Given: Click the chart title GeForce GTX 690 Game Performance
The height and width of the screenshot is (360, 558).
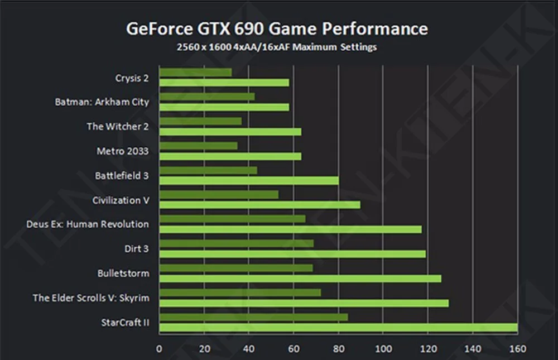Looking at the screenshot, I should [x=277, y=28].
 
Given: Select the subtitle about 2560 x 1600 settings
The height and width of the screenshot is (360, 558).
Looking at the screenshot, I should [x=277, y=47].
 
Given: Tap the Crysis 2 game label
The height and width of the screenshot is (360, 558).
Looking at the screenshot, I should [x=132, y=78].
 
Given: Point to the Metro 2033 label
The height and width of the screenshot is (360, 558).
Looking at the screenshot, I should [x=123, y=151].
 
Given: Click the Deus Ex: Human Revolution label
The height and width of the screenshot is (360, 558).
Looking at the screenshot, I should [x=88, y=224].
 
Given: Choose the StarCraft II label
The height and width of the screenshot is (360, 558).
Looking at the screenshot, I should [x=125, y=322].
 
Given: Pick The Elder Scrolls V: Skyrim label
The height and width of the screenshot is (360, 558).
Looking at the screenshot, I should [x=91, y=297].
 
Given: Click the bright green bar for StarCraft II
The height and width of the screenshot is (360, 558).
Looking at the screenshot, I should [x=338, y=328].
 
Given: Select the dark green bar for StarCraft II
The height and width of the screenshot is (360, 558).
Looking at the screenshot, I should [x=253, y=317].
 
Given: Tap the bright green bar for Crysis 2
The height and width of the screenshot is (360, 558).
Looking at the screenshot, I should [x=224, y=83].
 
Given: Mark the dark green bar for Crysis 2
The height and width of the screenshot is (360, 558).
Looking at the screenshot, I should [x=195, y=72].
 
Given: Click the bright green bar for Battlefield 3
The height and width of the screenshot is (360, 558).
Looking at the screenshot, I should [x=249, y=180].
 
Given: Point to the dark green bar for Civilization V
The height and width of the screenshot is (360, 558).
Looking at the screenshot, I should [x=219, y=194].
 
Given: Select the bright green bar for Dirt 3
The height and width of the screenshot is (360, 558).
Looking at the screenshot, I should [x=292, y=254].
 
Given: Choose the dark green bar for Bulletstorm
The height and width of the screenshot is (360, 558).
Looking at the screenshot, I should [x=236, y=268].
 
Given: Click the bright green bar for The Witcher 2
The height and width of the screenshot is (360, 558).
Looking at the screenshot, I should [x=230, y=132].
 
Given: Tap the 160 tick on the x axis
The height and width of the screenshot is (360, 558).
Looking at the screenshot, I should [x=518, y=349].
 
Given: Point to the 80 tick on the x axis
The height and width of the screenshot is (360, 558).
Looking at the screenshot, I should [x=339, y=349].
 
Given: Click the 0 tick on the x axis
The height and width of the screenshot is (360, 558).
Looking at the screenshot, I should [x=159, y=349].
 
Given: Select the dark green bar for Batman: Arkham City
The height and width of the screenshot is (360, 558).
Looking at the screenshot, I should [x=207, y=97].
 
